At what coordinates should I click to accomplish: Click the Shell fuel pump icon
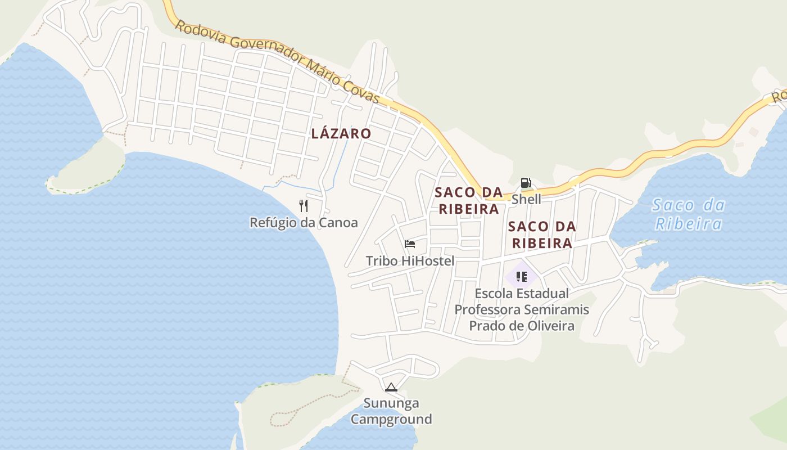(526, 183)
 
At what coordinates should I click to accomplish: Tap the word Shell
(526, 199)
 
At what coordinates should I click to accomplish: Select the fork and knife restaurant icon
(304, 205)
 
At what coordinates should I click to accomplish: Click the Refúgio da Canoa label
(304, 223)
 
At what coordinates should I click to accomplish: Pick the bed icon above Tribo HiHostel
(410, 244)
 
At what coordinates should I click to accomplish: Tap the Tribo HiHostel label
(410, 261)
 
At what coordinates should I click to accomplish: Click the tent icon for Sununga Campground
(391, 387)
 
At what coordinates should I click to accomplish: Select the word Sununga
(391, 403)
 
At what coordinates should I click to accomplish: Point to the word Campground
(391, 419)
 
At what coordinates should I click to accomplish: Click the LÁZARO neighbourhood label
(341, 134)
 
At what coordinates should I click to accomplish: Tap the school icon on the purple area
(521, 277)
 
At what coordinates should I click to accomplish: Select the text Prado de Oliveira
(522, 326)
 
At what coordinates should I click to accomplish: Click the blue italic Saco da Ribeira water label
(689, 215)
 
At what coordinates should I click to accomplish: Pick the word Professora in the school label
(486, 310)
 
